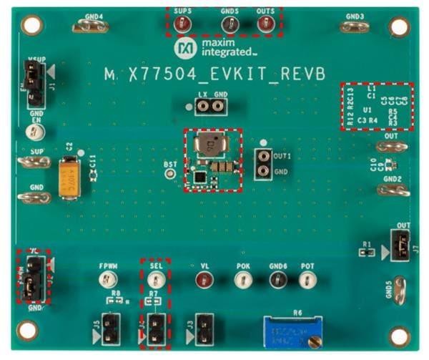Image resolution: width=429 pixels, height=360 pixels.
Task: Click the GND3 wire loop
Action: (x=354, y=26)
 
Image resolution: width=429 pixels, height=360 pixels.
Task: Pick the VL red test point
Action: (x=204, y=278)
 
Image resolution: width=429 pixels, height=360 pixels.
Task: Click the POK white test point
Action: (x=242, y=278)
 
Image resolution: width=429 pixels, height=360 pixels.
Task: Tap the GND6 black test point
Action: (x=277, y=278)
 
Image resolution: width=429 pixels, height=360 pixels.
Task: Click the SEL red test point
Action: (x=157, y=278)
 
